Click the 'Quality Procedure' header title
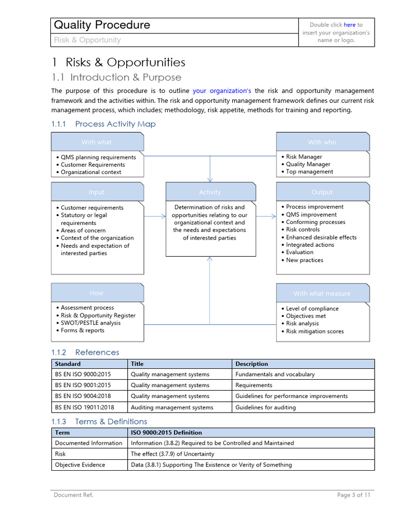pyautogui.click(x=102, y=25)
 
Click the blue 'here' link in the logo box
pyautogui.click(x=350, y=24)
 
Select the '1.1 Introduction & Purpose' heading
pyautogui.click(x=116, y=77)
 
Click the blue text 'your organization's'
pyautogui.click(x=222, y=91)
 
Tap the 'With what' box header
pyautogui.click(x=97, y=142)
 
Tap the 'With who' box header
pyautogui.click(x=322, y=142)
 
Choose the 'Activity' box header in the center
pyautogui.click(x=210, y=192)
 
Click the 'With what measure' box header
pyautogui.click(x=322, y=294)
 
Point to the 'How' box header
pyautogui.click(x=97, y=293)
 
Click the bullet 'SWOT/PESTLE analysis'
pyautogui.click(x=90, y=323)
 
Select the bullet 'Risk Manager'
pyautogui.click(x=304, y=156)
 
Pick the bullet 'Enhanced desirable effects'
pyautogui.click(x=321, y=237)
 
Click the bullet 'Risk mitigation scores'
pyautogui.click(x=315, y=331)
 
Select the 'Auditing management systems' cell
pyautogui.click(x=172, y=407)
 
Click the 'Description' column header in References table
pyautogui.click(x=252, y=364)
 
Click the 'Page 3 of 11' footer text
pyautogui.click(x=353, y=495)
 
